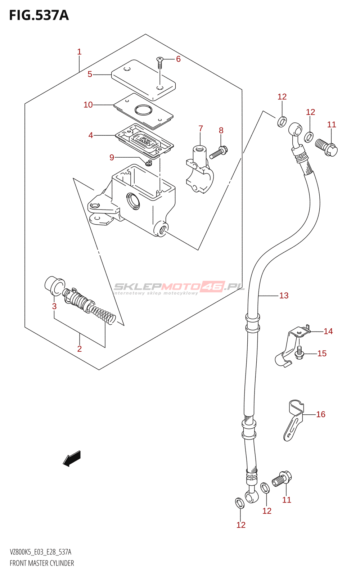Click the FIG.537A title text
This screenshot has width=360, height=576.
[x=39, y=15]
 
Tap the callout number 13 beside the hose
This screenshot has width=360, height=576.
[x=284, y=296]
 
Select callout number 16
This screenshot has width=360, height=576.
[x=321, y=414]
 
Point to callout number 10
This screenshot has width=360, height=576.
[x=88, y=105]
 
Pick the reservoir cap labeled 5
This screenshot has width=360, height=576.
[x=143, y=80]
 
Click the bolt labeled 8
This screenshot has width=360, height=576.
[x=218, y=152]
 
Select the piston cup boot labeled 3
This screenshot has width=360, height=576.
[x=54, y=285]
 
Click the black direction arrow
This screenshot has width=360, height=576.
[x=72, y=459]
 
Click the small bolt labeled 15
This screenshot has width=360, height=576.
[x=299, y=353]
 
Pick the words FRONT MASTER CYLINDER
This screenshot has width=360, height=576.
[x=42, y=563]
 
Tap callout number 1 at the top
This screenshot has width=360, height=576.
[x=79, y=52]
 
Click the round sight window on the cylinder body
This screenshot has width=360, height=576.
[x=132, y=200]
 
